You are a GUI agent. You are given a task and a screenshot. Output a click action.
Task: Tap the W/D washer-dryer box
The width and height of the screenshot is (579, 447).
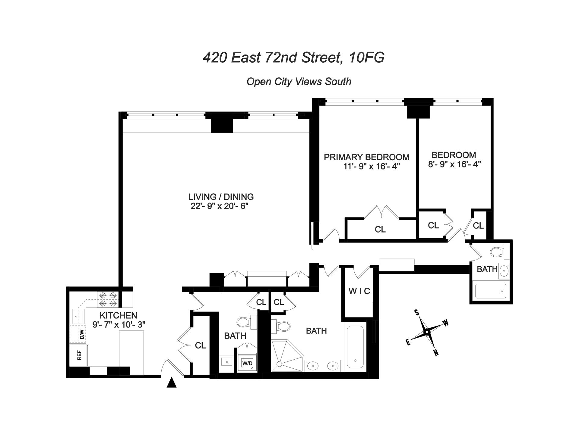click(247, 364)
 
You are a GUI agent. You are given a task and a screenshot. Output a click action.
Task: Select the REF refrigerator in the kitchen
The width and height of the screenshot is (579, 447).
click(79, 356)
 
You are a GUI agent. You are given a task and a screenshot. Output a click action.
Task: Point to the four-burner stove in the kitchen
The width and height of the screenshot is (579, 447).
click(108, 299)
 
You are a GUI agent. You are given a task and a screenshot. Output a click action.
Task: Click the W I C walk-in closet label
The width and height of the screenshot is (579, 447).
click(359, 291)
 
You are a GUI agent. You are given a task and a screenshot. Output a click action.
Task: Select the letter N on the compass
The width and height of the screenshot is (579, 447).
click(436, 353)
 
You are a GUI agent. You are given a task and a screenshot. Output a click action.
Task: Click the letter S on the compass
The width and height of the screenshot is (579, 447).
click(417, 313)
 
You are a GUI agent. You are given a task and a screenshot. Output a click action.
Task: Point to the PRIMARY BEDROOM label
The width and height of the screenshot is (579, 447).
click(366, 157)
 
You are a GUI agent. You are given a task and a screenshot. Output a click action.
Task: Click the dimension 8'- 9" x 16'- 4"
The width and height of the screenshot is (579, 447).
click(454, 164)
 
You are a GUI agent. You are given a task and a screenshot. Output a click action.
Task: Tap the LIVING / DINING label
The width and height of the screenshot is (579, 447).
click(221, 197)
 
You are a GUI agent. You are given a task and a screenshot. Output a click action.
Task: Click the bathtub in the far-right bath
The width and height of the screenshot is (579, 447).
click(491, 291)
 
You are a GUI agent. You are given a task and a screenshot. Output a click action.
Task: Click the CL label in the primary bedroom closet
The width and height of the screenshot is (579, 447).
click(380, 230)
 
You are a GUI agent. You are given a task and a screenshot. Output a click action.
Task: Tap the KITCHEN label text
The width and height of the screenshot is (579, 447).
click(118, 315)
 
